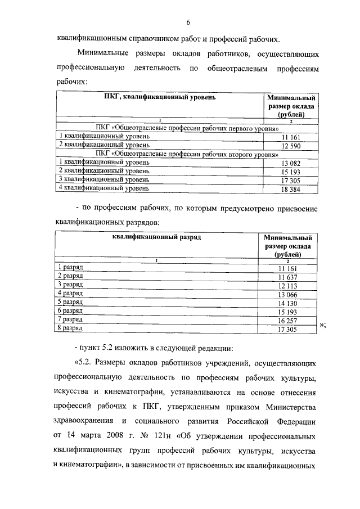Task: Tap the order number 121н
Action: point(167,436)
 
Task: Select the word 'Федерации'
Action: point(298,421)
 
